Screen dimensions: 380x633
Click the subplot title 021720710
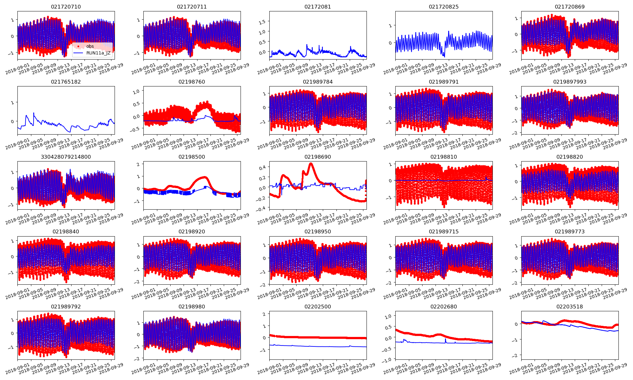pos(66,7)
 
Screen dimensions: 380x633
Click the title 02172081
pos(318,7)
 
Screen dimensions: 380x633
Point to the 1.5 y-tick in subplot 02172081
pos(262,22)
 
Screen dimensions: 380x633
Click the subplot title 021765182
pos(66,82)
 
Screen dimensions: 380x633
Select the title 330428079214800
pos(66,157)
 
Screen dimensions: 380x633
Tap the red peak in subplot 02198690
pos(311,164)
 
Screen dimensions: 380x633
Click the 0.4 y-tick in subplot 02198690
pos(262,167)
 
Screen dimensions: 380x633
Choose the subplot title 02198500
pos(192,157)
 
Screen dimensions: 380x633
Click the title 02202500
pos(318,307)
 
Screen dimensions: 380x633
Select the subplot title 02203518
pos(570,307)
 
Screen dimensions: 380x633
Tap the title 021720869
pos(570,7)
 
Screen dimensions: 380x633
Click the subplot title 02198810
pos(444,157)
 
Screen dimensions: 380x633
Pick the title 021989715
pos(444,231)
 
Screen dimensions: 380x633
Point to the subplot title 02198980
pos(192,307)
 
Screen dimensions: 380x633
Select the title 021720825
pos(444,7)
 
